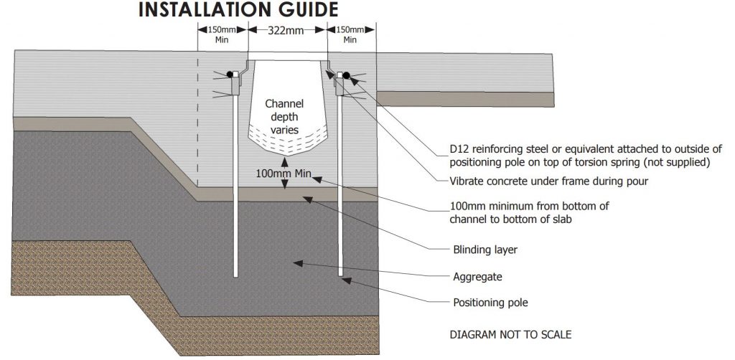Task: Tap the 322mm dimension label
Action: point(287,31)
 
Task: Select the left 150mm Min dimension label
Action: point(222,35)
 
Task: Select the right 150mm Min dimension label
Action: point(350,35)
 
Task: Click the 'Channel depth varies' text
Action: point(281,116)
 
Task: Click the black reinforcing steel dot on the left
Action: point(232,74)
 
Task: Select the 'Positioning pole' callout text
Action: point(490,303)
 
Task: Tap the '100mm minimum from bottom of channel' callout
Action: point(529,212)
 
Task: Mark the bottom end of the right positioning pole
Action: point(340,274)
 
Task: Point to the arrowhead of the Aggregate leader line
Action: point(296,263)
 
